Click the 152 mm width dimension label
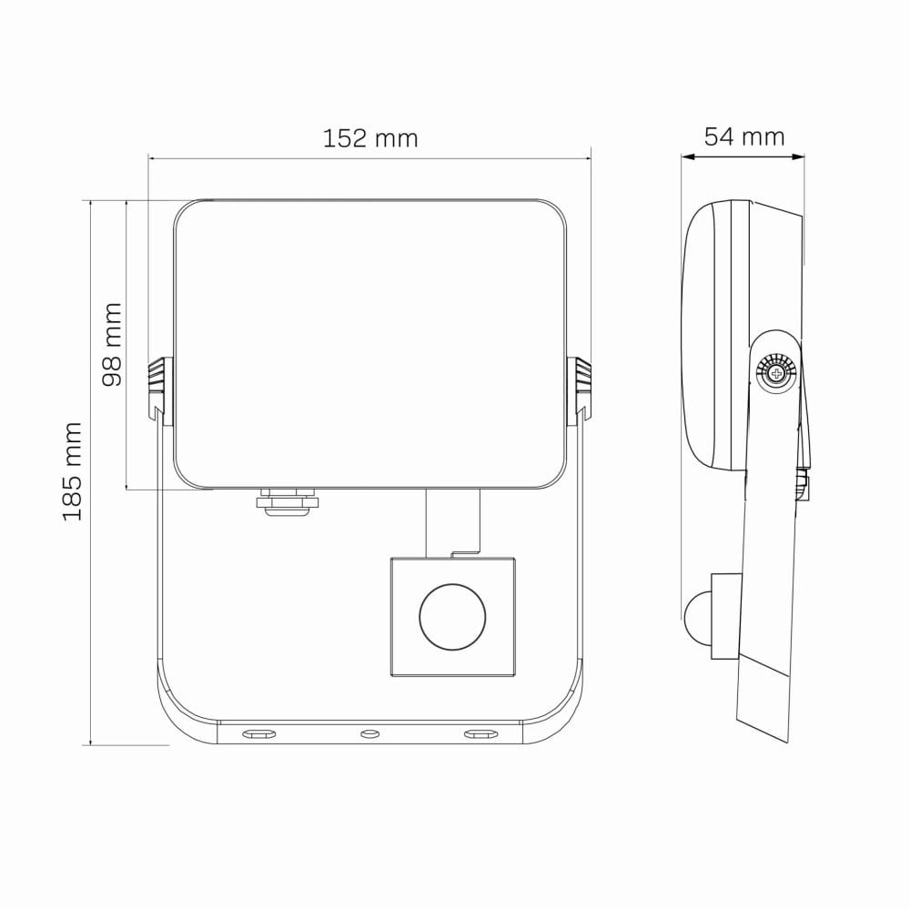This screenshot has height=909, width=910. coord(369,138)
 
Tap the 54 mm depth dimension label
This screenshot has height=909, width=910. coord(744,137)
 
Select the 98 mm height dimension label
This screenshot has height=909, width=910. coord(111,344)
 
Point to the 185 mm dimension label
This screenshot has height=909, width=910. coord(73,471)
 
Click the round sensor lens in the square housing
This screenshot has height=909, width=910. coord(452,616)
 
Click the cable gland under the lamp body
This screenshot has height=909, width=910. coord(288,502)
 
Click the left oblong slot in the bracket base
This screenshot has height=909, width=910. coord(258,734)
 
